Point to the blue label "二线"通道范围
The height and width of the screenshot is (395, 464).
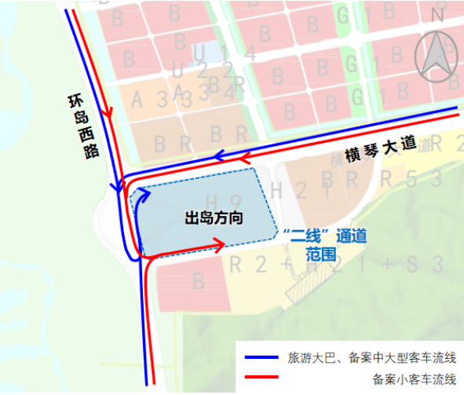tap(323, 244)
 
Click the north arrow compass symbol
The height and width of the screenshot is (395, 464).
tap(438, 60)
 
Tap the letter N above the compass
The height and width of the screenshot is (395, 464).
tap(438, 13)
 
